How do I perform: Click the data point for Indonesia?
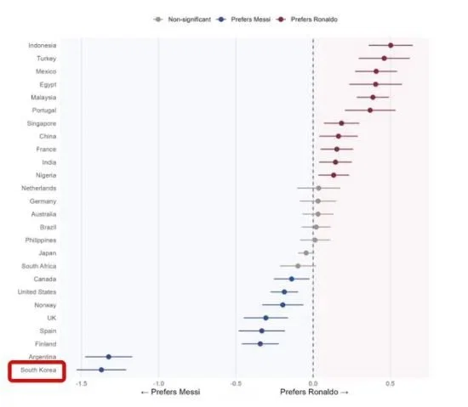[391, 45]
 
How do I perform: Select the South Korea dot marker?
[101, 370]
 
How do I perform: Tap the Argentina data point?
[109, 357]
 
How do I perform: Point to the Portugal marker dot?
[370, 110]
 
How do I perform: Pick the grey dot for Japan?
[306, 253]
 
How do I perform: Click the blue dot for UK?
[265, 318]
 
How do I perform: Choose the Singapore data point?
[341, 123]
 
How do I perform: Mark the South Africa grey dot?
[298, 266]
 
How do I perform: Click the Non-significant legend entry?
[182, 20]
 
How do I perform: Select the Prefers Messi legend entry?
[243, 20]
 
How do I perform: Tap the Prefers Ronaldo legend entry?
[307, 20]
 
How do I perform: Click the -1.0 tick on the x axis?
[158, 383]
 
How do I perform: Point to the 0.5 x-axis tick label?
[390, 383]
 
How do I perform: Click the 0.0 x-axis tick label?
[313, 383]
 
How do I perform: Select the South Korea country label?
[38, 370]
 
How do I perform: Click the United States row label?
[37, 292]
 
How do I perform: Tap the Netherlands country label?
[39, 189]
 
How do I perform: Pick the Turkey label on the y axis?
[47, 59]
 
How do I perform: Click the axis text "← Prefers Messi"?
[170, 392]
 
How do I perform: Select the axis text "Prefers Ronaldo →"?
[314, 392]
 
